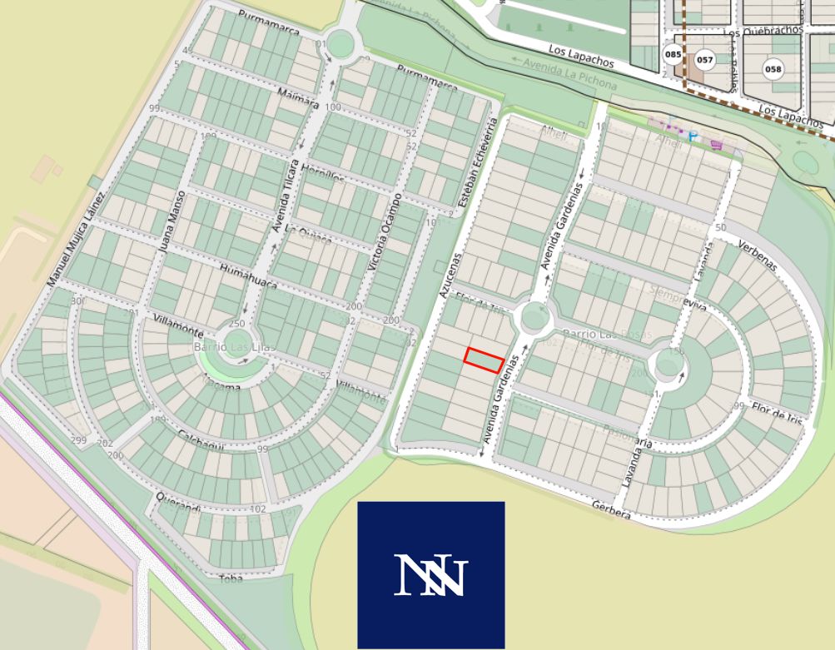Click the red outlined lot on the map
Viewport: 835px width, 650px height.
tap(484, 360)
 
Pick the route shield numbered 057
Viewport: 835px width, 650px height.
tap(704, 60)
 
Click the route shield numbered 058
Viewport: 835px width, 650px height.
tap(773, 69)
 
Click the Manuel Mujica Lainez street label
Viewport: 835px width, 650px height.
tap(76, 239)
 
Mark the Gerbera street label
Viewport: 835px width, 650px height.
tap(611, 510)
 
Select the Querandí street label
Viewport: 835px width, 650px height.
tap(178, 504)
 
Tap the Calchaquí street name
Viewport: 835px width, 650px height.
tap(201, 442)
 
